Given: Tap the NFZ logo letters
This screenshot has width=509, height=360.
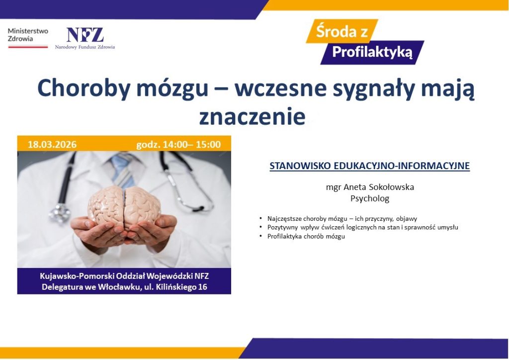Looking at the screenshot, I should pyautogui.click(x=85, y=35).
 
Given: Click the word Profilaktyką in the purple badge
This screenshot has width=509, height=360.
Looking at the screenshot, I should pyautogui.click(x=372, y=52).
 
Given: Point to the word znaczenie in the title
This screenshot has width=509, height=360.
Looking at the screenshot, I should pyautogui.click(x=252, y=116).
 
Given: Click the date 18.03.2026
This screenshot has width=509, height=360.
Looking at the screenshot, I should pyautogui.click(x=52, y=145).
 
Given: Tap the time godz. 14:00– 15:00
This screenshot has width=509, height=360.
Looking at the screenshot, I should pyautogui.click(x=178, y=145).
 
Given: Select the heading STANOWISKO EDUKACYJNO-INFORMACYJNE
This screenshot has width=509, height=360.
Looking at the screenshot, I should pyautogui.click(x=369, y=166).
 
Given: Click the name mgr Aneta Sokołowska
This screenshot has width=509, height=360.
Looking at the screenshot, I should pyautogui.click(x=369, y=187).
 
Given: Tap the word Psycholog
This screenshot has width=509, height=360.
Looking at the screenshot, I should pyautogui.click(x=369, y=199).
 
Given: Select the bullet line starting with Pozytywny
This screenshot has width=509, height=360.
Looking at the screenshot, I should pyautogui.click(x=362, y=227).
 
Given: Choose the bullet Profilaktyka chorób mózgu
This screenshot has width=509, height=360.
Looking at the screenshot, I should pyautogui.click(x=306, y=236).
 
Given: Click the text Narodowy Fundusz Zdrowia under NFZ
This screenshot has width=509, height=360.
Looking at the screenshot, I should pyautogui.click(x=85, y=47).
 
